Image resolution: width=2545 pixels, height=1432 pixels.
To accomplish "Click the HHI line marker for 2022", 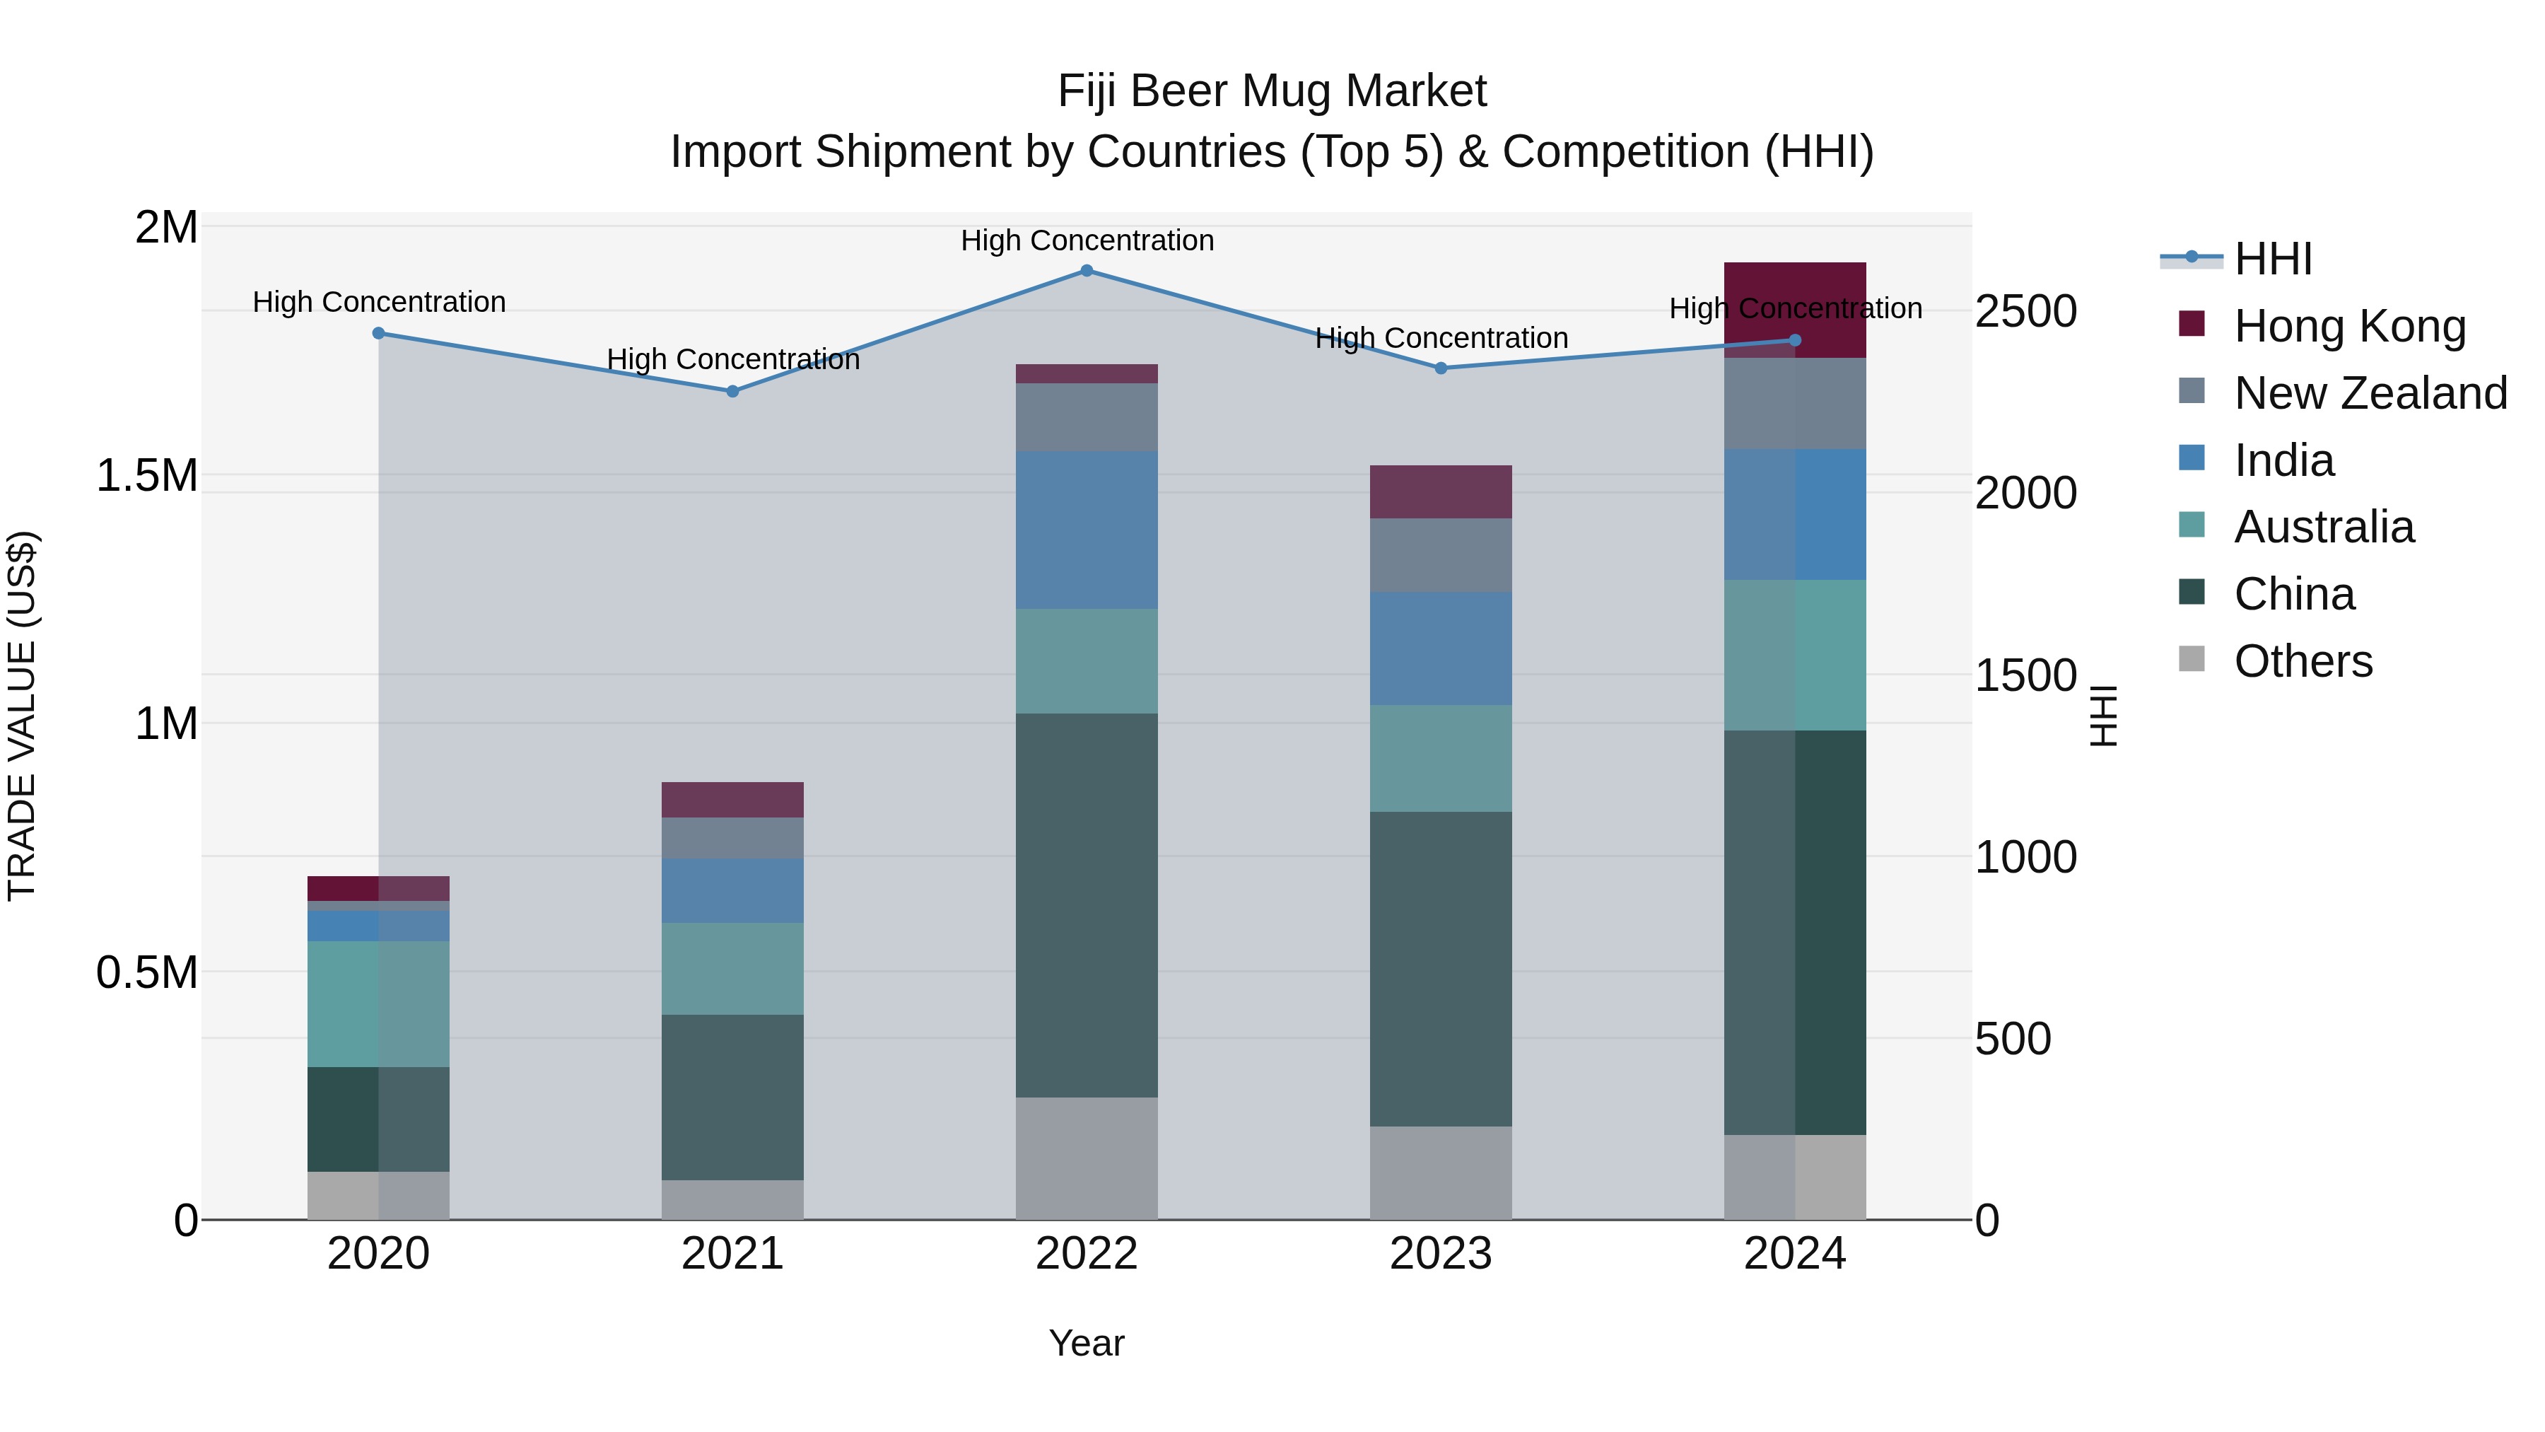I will pyautogui.click(x=1086, y=271).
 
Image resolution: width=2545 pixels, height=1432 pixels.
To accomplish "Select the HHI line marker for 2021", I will pyautogui.click(x=732, y=391).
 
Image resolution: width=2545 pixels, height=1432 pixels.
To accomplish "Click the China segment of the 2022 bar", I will pyautogui.click(x=1086, y=904).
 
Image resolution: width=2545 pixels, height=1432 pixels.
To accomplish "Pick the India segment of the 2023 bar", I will pyautogui.click(x=1441, y=648).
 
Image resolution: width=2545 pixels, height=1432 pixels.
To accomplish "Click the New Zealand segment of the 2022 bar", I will pyautogui.click(x=1086, y=417).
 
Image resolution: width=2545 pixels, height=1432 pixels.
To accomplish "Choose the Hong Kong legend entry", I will pyautogui.click(x=2349, y=326).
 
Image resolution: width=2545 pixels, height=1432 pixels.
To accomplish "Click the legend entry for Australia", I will pyautogui.click(x=2324, y=527).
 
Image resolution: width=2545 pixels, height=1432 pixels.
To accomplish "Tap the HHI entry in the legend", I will pyautogui.click(x=2272, y=259).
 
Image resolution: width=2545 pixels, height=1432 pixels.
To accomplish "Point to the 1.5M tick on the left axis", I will pyautogui.click(x=146, y=475).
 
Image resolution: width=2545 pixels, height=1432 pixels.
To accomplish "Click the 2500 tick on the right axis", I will pyautogui.click(x=2025, y=311).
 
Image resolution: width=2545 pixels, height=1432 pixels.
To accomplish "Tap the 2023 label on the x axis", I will pyautogui.click(x=1441, y=1254).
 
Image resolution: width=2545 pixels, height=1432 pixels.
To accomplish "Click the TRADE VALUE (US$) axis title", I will pyautogui.click(x=22, y=716).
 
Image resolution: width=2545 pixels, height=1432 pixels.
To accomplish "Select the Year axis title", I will pyautogui.click(x=1086, y=1343).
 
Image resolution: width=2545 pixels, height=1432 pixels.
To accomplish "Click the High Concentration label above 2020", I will pyautogui.click(x=378, y=303).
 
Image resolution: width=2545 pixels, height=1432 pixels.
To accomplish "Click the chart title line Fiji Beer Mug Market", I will pyautogui.click(x=1272, y=91).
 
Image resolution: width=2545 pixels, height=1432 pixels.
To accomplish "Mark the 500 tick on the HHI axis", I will pyautogui.click(x=2013, y=1039).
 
